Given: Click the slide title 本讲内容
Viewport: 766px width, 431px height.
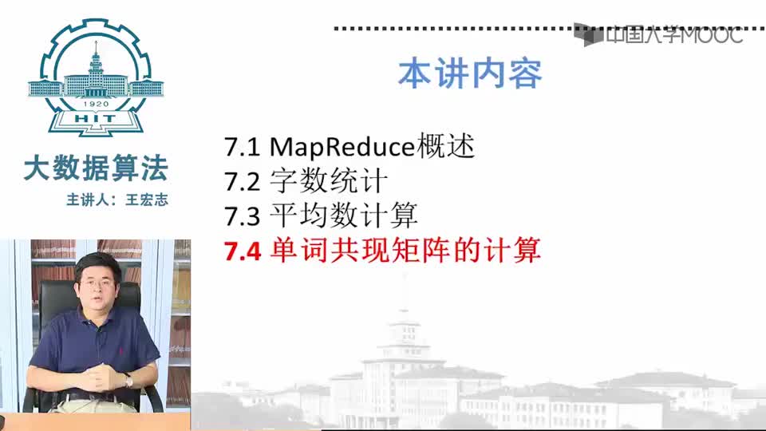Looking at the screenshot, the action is [470, 74].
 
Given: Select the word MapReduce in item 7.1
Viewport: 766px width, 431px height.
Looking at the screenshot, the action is [342, 147].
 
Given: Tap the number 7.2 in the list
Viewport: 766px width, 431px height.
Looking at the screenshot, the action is [242, 182].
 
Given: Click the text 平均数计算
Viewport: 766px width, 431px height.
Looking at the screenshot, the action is [343, 215].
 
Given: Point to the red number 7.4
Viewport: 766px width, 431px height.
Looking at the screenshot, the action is [243, 251].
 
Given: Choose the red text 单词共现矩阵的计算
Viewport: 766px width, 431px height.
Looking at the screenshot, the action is [405, 250].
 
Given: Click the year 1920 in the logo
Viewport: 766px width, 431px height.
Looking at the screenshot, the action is [96, 104].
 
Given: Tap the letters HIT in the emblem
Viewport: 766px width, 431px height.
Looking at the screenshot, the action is [96, 118].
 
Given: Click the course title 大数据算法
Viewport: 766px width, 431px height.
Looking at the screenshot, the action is [96, 168].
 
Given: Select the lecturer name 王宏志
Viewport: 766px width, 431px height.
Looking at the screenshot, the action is [147, 200].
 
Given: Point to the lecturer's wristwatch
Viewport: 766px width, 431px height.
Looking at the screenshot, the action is [128, 379].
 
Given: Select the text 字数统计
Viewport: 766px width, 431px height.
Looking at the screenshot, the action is [329, 181].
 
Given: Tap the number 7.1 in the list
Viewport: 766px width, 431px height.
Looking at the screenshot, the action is [242, 147].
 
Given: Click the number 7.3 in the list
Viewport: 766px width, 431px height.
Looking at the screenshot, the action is [242, 216].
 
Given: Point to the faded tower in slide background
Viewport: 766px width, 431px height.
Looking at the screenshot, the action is [404, 337].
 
